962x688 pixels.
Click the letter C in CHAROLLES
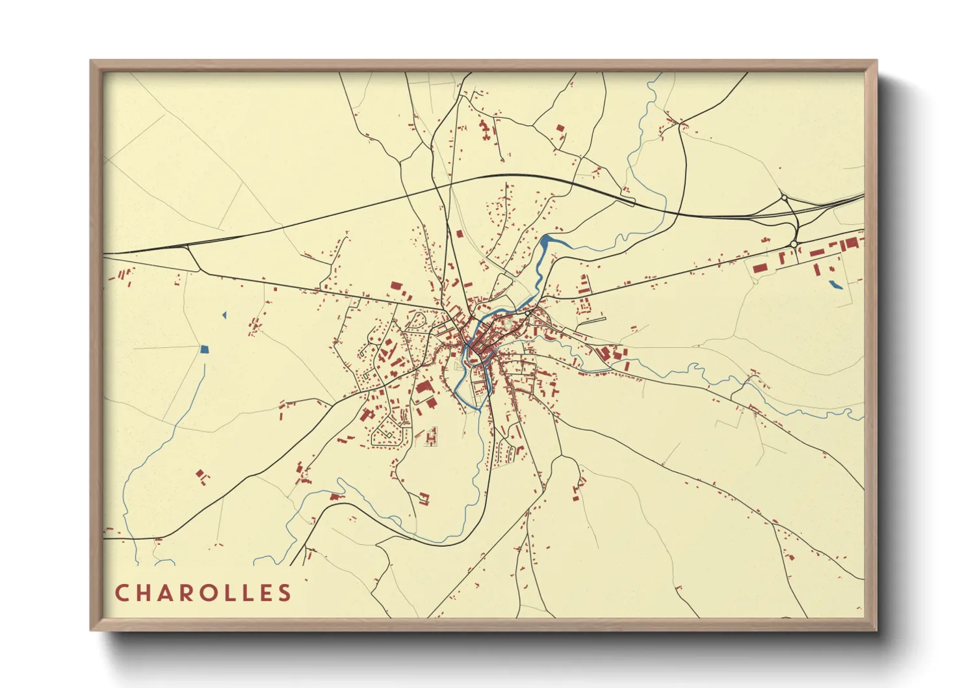pyautogui.click(x=122, y=593)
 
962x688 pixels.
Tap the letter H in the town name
pyautogui.click(x=144, y=593)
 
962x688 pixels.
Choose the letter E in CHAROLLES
pyautogui.click(x=263, y=593)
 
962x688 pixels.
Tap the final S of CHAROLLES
pyautogui.click(x=285, y=593)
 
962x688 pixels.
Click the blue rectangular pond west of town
pyautogui.click(x=205, y=349)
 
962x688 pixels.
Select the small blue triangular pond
pyautogui.click(x=224, y=315)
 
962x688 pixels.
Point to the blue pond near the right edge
pyautogui.click(x=835, y=284)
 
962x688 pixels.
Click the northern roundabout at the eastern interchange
pyautogui.click(x=785, y=198)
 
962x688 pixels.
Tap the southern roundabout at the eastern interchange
pyautogui.click(x=794, y=245)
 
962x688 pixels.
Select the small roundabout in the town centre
pyautogui.click(x=527, y=313)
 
